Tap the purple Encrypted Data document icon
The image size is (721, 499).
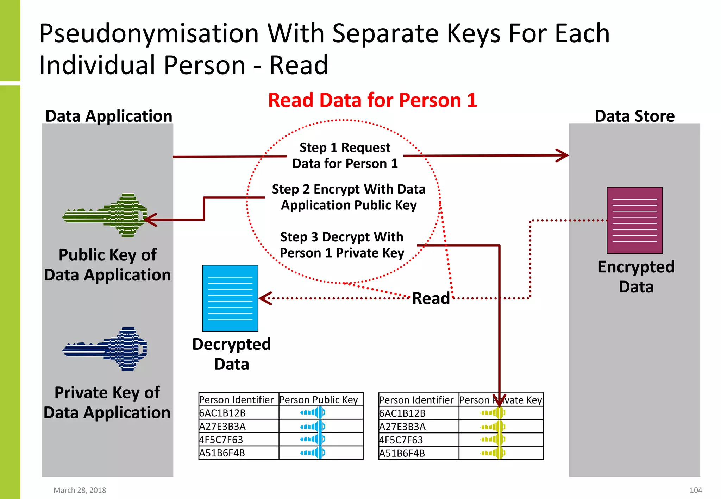click(x=634, y=220)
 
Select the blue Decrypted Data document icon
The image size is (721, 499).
click(x=230, y=298)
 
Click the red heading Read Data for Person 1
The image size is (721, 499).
click(x=372, y=100)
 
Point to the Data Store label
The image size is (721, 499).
click(x=634, y=116)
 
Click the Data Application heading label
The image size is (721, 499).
click(x=109, y=116)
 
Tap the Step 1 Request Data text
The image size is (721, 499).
click(x=345, y=156)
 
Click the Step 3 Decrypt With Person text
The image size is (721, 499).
click(x=342, y=245)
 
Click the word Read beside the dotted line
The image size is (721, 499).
click(x=431, y=298)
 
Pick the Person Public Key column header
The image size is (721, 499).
click(x=319, y=400)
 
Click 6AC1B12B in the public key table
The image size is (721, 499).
click(x=222, y=413)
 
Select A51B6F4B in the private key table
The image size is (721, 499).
click(x=402, y=453)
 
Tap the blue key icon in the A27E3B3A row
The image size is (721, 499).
click(x=313, y=427)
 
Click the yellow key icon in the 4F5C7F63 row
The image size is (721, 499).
click(x=493, y=440)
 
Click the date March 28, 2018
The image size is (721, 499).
click(x=80, y=490)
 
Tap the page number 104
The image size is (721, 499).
click(x=696, y=490)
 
